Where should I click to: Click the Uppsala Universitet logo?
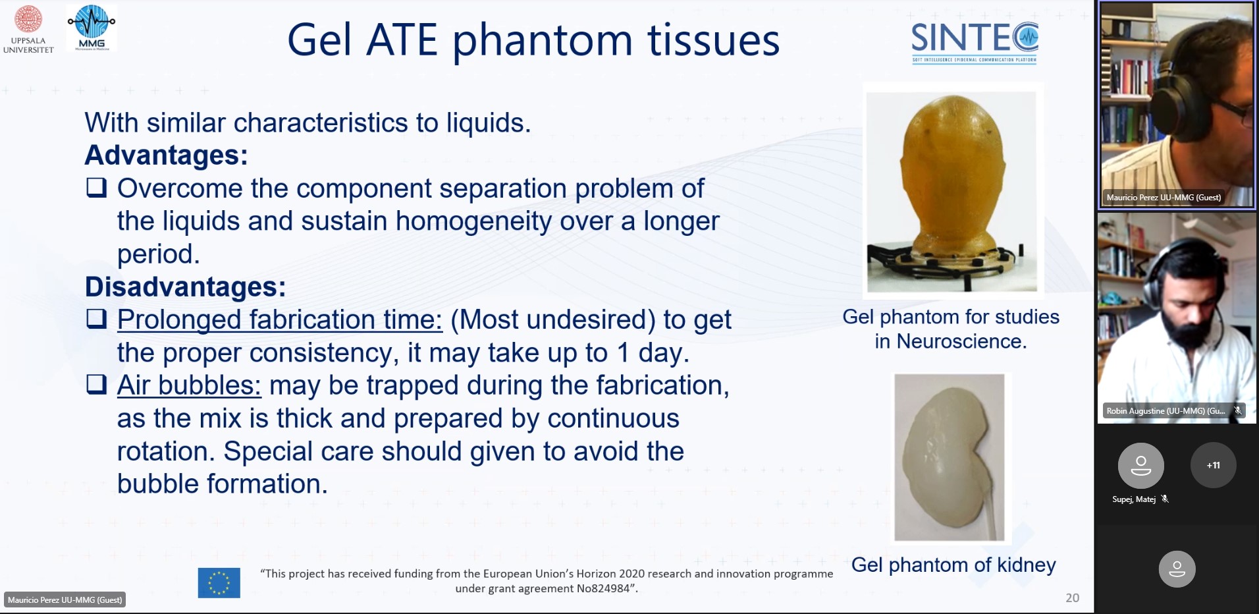pos(28,29)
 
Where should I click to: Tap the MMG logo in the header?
pos(92,28)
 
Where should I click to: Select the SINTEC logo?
pos(975,42)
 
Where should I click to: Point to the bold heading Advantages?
pos(167,155)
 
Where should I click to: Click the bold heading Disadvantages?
pos(186,287)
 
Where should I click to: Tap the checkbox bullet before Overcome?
pos(97,188)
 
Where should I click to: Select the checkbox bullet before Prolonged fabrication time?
pos(97,319)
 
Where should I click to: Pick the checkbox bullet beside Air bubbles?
pos(97,384)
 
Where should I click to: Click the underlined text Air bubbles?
pos(189,385)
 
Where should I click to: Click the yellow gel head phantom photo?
pos(951,191)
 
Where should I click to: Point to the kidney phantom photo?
pos(950,457)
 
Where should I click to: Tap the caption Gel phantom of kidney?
pos(953,565)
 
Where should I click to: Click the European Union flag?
pos(219,583)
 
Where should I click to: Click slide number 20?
pos(1072,598)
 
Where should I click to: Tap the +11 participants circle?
pos(1213,465)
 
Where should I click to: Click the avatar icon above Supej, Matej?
pos(1140,465)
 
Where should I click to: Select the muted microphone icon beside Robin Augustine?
pos(1238,410)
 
